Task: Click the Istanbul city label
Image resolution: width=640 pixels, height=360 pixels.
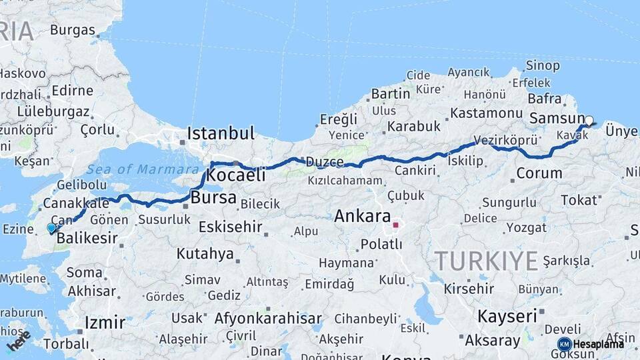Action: (x=220, y=133)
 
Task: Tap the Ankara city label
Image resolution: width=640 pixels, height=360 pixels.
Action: (x=362, y=216)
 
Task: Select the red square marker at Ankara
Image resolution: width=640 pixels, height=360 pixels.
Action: (x=395, y=225)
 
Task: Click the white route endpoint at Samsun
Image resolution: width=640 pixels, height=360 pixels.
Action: (x=589, y=121)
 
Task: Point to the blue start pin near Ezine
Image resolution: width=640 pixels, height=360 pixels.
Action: (x=51, y=228)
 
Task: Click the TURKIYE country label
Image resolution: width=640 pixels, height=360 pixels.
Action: (x=486, y=261)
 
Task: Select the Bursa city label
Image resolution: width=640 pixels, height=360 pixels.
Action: (x=213, y=197)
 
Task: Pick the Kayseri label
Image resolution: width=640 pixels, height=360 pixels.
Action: (x=507, y=316)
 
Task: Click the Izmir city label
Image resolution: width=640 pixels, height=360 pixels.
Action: (x=105, y=323)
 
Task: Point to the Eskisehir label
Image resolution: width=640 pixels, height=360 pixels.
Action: (x=230, y=227)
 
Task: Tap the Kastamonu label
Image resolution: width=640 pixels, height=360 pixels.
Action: (x=486, y=113)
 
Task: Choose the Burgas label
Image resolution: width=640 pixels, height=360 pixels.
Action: (x=72, y=30)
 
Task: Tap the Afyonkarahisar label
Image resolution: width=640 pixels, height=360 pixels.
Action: (x=268, y=318)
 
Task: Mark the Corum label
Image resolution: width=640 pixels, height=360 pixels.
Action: (x=539, y=174)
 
